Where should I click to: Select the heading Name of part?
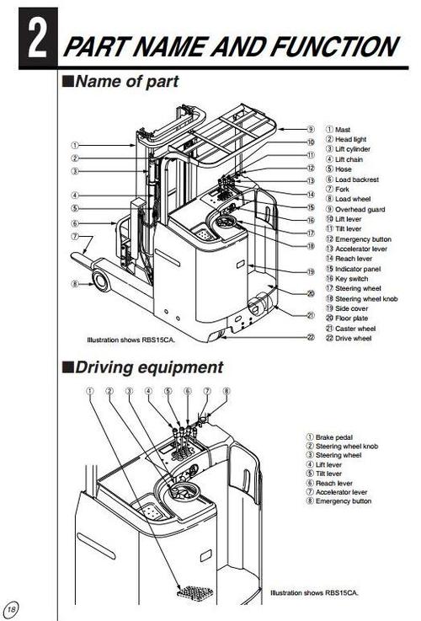pos(126,83)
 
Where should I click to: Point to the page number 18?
pos(11,609)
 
